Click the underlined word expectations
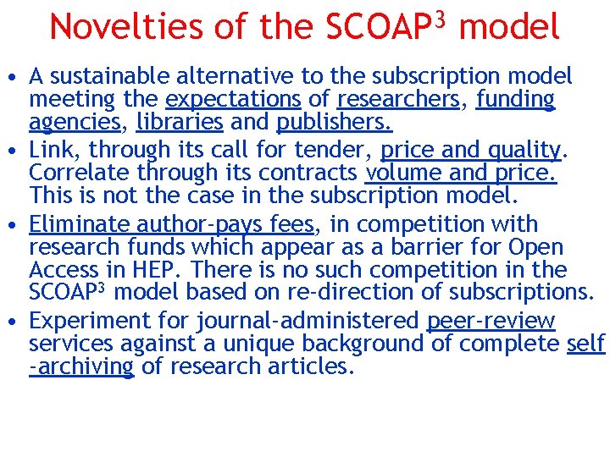(234, 99)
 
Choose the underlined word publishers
(334, 122)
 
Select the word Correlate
(81, 173)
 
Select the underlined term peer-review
(491, 322)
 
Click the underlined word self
(586, 344)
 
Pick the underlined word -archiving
(81, 367)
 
